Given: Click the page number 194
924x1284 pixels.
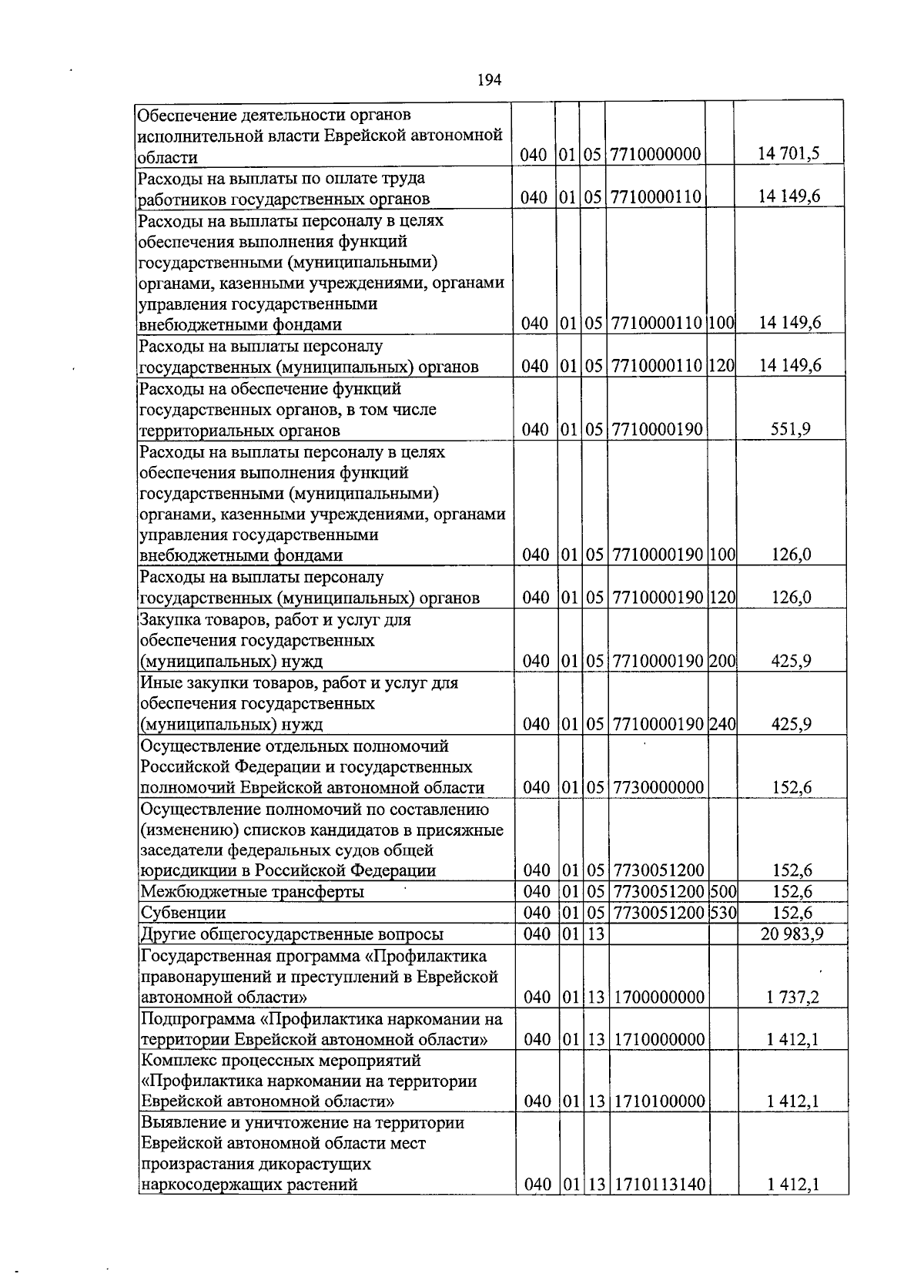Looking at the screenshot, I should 490,79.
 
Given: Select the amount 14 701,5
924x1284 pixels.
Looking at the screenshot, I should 788,155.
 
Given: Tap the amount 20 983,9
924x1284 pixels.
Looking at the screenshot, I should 792,934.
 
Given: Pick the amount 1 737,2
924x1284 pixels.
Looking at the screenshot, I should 792,997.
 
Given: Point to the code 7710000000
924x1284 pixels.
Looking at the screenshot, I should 656,155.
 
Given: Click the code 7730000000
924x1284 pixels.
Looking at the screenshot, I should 658,787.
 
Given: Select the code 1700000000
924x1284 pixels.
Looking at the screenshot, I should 659,997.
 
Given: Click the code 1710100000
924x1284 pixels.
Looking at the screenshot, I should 660,1101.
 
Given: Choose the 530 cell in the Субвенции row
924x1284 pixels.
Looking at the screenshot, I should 722,913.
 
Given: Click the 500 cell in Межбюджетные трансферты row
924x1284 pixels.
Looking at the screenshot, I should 722,892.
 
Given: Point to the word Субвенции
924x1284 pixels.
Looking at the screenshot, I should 182,913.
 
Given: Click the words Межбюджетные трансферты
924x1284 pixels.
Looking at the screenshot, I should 251,892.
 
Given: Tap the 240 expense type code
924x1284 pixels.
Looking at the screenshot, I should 722,724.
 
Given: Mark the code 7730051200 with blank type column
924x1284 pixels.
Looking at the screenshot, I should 659,870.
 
